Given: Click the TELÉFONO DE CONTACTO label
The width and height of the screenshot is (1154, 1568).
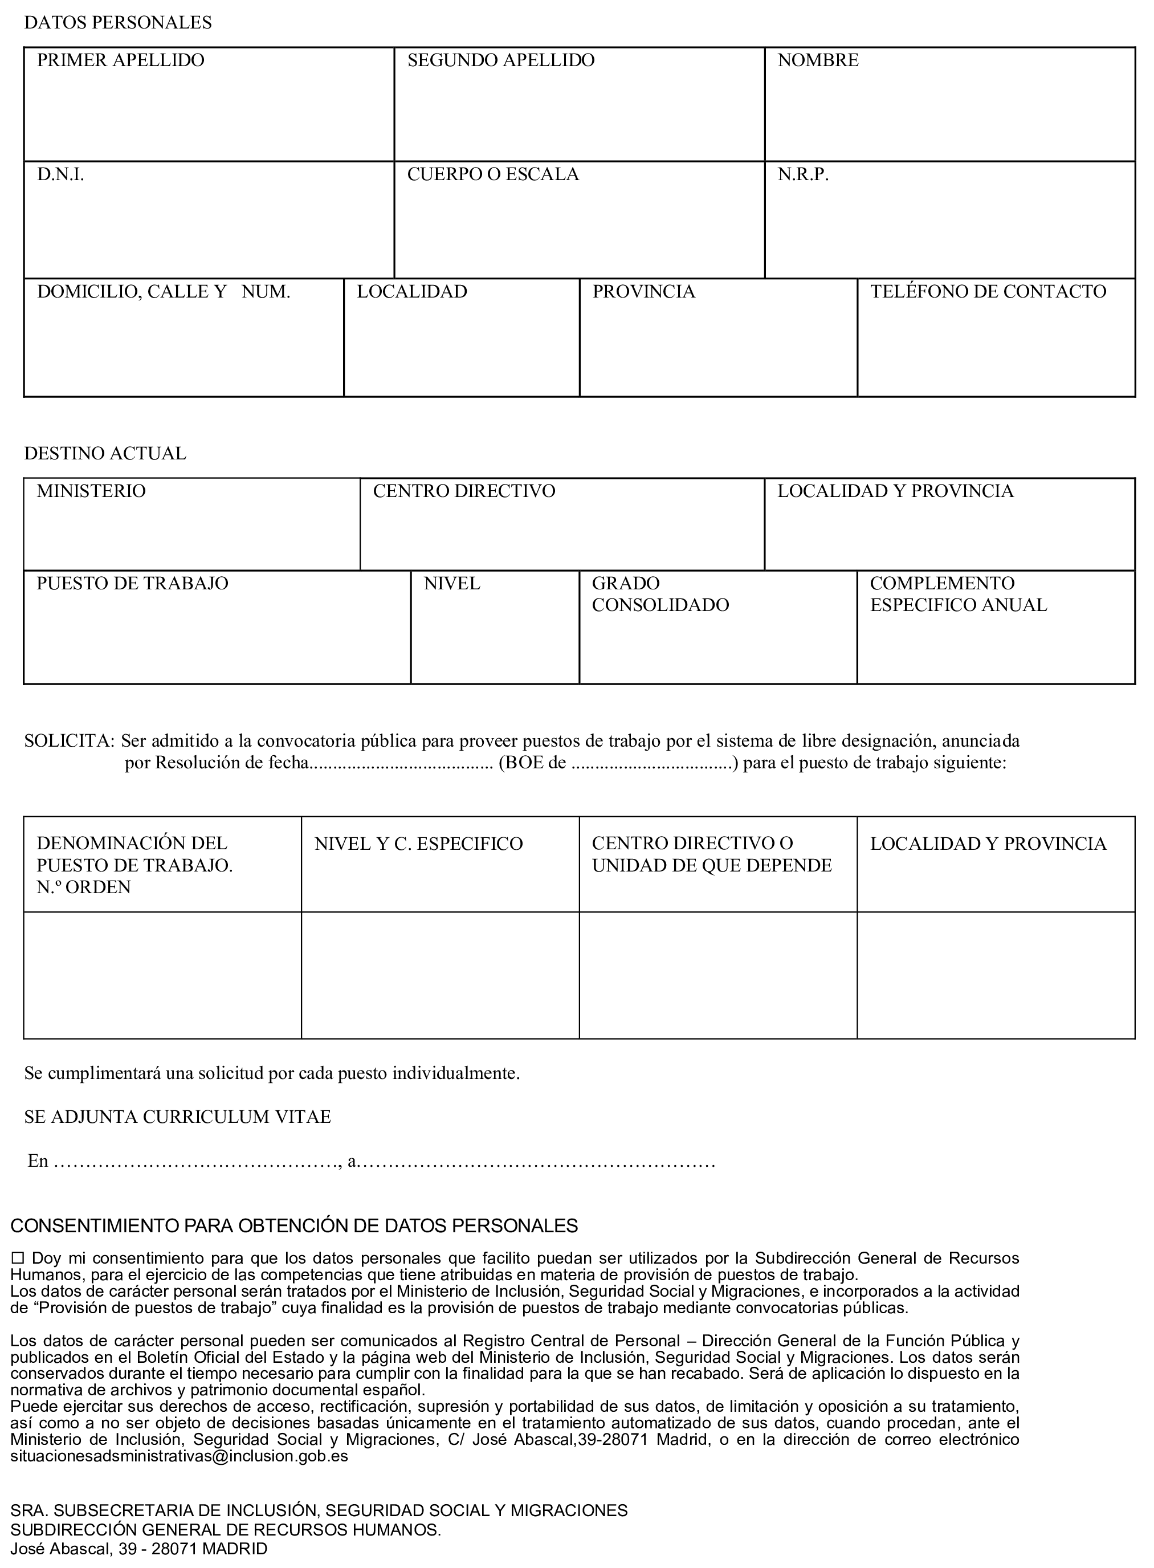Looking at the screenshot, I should pos(988,292).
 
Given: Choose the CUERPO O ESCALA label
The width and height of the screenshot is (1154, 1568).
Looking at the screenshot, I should pos(492,174).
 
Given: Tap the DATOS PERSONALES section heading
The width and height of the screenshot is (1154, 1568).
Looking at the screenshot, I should pos(117,23).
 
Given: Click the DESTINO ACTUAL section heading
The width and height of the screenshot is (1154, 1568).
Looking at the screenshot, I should pos(105,454).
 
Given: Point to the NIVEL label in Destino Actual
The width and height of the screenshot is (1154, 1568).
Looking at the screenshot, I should pos(451,584).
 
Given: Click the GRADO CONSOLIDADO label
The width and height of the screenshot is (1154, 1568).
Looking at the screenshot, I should pos(659,594).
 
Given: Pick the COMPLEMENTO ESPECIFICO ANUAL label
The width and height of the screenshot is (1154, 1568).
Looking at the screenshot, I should pos(958,594).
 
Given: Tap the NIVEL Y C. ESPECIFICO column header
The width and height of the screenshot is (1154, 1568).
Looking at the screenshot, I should pos(418,844).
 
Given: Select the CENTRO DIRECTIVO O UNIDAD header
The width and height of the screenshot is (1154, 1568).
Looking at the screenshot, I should pos(711,854).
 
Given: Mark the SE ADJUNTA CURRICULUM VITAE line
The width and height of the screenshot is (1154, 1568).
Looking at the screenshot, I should pos(177,1117).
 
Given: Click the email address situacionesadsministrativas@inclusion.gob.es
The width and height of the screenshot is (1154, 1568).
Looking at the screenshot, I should pos(179,1457).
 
